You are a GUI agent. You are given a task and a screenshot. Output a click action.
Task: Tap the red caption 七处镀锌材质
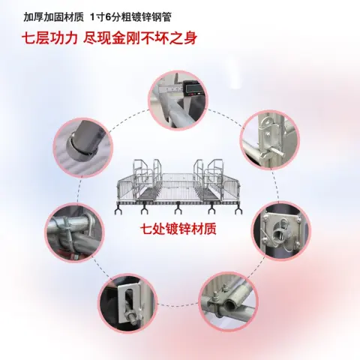(178, 229)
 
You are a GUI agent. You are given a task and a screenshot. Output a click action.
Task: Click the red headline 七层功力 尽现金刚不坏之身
(109, 38)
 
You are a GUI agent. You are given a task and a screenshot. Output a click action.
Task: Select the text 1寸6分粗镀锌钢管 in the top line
(130, 17)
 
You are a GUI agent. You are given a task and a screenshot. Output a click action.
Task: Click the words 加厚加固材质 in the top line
(53, 17)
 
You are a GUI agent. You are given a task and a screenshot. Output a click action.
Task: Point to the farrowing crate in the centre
(178, 186)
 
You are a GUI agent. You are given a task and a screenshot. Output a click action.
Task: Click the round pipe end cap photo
(83, 148)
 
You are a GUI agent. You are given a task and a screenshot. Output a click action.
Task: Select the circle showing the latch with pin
(270, 140)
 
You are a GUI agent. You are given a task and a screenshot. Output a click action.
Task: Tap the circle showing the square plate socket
(280, 231)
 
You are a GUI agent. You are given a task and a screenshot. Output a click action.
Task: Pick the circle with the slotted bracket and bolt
(127, 303)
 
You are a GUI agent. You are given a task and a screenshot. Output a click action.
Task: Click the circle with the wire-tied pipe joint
(74, 232)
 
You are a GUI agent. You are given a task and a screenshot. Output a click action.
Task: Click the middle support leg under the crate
(178, 208)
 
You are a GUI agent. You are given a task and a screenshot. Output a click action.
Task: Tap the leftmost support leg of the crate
(118, 208)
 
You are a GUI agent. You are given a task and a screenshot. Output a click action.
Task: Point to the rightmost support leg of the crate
(239, 208)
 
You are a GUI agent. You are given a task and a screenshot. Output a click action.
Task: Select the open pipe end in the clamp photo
(230, 304)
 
